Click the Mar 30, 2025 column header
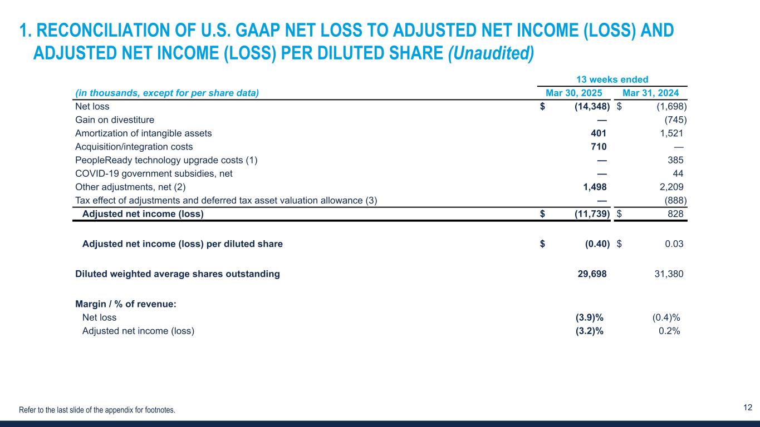pos(573,93)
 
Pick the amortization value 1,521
pos(672,133)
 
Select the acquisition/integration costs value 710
pos(599,147)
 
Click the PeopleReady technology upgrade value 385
pos(675,160)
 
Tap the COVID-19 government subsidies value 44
pos(678,173)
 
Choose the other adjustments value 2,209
pos(672,187)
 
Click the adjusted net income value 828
pos(675,214)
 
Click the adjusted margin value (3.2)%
pos(589,331)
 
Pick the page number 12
pos(748,408)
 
